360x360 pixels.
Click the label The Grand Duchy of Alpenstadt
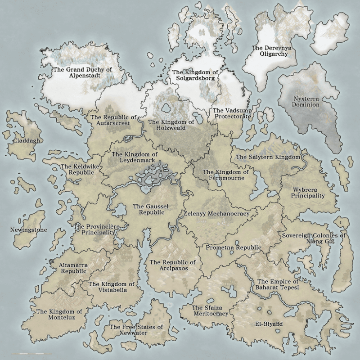click(x=83, y=73)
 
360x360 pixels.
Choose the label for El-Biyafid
click(x=269, y=324)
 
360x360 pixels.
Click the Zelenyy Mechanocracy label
click(x=216, y=214)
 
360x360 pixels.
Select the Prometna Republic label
click(x=233, y=247)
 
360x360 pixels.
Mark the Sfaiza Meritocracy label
click(x=210, y=310)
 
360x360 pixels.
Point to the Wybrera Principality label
click(x=308, y=193)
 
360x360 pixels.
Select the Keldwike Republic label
click(x=79, y=169)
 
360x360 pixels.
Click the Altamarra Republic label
click(x=73, y=269)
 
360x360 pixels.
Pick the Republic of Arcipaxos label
click(x=173, y=265)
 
